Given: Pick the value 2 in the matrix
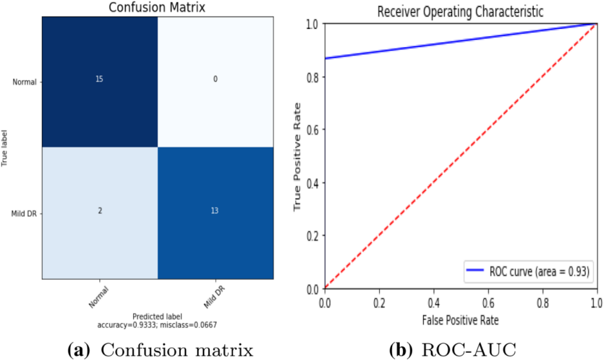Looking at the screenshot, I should click(100, 211).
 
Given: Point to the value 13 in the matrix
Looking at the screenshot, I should click(215, 211).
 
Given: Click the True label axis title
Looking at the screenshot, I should click(5, 147).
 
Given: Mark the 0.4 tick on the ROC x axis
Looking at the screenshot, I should click(433, 301).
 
